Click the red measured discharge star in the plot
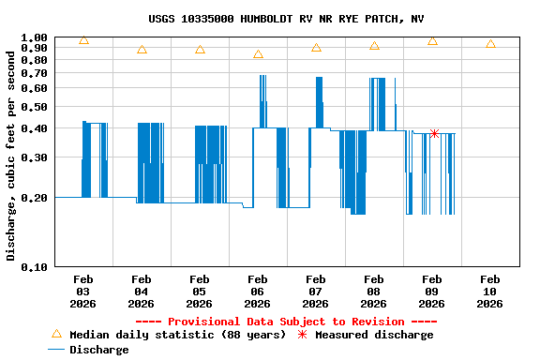point(434,134)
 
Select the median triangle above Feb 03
point(84,40)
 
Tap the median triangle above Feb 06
point(258,54)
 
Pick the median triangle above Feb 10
point(490,44)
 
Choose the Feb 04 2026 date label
point(141,291)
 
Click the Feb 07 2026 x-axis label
point(315,291)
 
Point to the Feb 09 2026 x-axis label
point(431,291)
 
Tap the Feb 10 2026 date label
point(489,291)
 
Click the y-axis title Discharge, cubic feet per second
point(11,154)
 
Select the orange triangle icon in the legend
point(56,334)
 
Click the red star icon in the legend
point(302,335)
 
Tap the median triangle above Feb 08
point(374,46)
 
